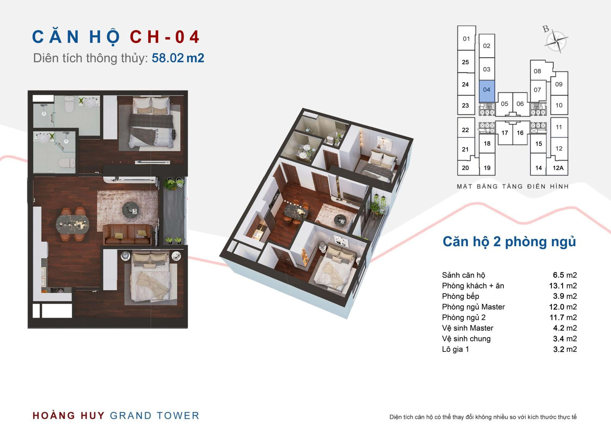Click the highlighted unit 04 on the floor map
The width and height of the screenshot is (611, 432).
coord(487,91)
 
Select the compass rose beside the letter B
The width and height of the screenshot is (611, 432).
coord(556,41)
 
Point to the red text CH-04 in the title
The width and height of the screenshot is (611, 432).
coord(165,37)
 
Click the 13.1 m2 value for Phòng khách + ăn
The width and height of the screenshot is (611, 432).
coord(563,286)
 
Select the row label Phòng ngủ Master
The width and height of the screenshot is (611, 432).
coord(473,307)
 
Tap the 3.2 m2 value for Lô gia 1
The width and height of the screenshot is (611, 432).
coord(565,349)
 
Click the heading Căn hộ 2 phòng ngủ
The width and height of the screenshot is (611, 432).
coord(509,242)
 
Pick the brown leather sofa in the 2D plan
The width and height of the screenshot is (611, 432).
coord(128,235)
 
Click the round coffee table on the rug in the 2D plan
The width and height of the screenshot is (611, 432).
coord(130,210)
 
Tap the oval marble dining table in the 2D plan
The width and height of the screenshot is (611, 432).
coord(73,224)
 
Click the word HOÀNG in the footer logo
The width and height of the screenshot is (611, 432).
coord(54,415)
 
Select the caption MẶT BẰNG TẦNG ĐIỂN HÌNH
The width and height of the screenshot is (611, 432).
coord(513,186)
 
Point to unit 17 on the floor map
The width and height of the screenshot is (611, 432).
coord(504,133)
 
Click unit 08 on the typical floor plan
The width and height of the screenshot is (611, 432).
coord(537,71)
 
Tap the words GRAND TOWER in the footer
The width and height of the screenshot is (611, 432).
coord(154,416)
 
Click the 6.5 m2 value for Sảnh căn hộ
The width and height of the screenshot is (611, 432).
coord(565,275)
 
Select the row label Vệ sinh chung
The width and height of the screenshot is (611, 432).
coord(466,339)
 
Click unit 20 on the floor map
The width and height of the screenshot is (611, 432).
coord(466,168)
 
